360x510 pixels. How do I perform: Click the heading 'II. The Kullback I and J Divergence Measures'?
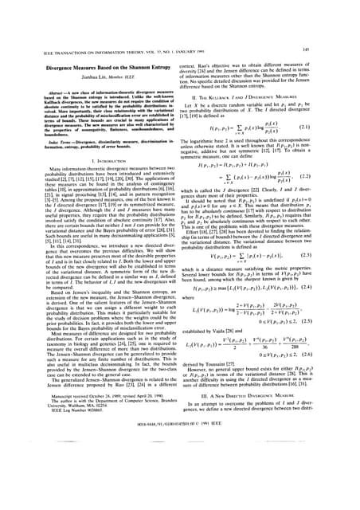click(267, 74)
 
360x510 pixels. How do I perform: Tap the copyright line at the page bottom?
click(179, 487)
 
